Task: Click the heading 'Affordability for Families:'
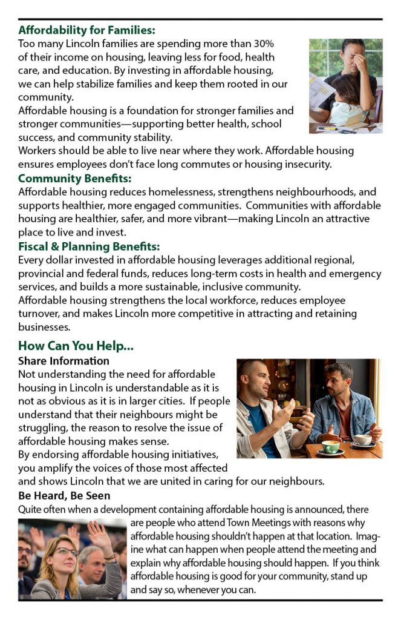tap(86, 30)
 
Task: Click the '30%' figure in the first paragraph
tap(263, 44)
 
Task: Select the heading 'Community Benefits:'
tap(74, 178)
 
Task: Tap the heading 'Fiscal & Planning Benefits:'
tap(89, 246)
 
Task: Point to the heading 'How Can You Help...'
tap(76, 346)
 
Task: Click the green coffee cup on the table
tap(330, 446)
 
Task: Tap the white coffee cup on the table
tap(363, 439)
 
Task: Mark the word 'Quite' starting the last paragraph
tap(31, 510)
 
